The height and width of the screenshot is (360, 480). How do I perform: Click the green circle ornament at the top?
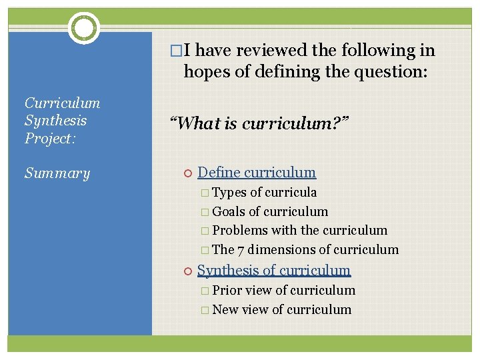pyautogui.click(x=84, y=28)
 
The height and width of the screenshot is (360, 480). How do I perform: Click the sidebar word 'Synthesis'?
pyautogui.click(x=55, y=121)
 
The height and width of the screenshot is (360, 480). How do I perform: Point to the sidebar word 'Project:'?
pyautogui.click(x=51, y=138)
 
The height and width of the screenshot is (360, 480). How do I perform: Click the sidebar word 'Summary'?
pyautogui.click(x=57, y=173)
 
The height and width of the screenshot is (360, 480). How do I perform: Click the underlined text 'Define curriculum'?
pyautogui.click(x=257, y=173)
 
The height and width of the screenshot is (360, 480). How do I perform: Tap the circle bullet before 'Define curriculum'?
pyautogui.click(x=187, y=173)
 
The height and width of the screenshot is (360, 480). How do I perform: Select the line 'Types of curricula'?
pyautogui.click(x=264, y=193)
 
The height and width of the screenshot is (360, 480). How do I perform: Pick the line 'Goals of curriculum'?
pyautogui.click(x=269, y=212)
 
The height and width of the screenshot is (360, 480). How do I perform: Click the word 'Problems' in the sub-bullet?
pyautogui.click(x=237, y=231)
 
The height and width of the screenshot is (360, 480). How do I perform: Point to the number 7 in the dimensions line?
pyautogui.click(x=241, y=250)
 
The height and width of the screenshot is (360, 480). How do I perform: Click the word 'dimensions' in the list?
pyautogui.click(x=281, y=250)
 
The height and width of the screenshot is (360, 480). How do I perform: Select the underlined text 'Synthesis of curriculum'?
pyautogui.click(x=273, y=270)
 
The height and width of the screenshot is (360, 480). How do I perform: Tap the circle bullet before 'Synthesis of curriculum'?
pyautogui.click(x=187, y=271)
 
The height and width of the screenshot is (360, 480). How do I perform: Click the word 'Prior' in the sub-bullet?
pyautogui.click(x=227, y=290)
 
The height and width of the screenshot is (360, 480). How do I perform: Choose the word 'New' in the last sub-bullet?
pyautogui.click(x=225, y=309)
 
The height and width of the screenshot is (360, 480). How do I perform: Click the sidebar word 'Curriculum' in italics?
pyautogui.click(x=63, y=103)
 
